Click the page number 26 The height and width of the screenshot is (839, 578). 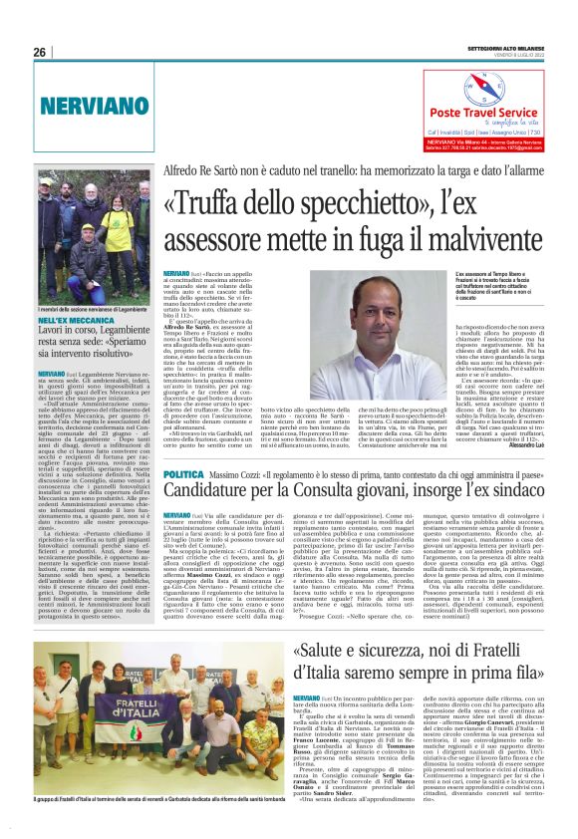(40, 52)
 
